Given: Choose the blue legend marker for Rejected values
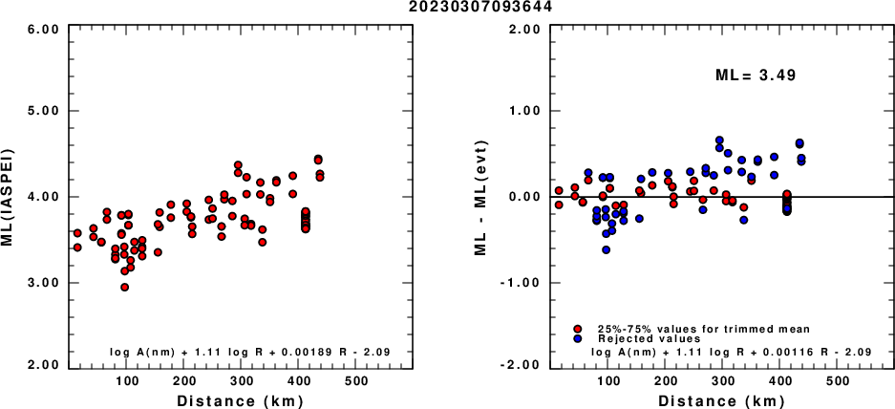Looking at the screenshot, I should [578, 338].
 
